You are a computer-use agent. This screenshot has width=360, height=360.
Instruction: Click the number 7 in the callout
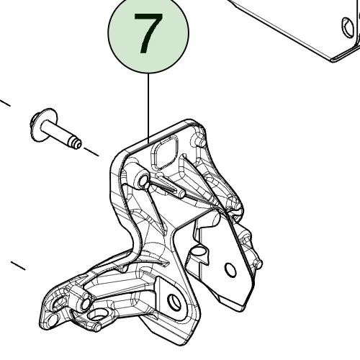(148, 33)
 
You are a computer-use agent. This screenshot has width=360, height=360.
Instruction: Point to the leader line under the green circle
(148, 108)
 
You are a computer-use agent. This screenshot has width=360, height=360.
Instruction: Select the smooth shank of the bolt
(55, 132)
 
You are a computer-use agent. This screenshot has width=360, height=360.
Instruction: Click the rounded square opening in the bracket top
(164, 152)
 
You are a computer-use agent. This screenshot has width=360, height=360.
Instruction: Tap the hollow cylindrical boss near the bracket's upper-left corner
(142, 179)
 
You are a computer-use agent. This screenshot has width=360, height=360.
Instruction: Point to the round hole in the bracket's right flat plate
(230, 270)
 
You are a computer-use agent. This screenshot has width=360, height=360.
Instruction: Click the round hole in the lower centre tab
(174, 302)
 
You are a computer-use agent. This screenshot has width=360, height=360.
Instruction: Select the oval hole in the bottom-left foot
(98, 315)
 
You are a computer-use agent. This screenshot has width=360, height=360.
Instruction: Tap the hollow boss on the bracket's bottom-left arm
(84, 303)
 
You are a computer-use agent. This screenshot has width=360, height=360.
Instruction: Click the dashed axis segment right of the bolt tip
(91, 152)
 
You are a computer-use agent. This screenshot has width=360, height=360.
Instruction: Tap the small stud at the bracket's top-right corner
(201, 142)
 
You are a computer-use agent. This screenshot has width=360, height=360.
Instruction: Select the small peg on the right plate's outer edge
(258, 264)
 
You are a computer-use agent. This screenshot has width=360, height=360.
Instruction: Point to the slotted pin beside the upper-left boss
(171, 186)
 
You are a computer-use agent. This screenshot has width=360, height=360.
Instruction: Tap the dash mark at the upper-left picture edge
(5, 103)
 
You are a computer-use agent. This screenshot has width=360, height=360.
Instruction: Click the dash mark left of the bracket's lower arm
(18, 266)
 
